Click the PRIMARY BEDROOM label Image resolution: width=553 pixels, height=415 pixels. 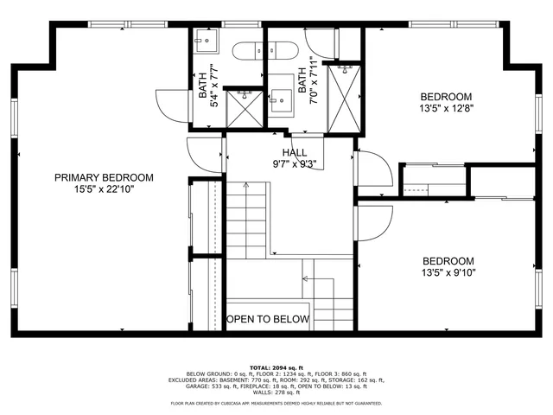point(104,177)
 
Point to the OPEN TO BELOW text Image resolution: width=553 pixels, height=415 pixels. point(267,319)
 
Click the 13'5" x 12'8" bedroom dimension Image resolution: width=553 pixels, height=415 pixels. point(446,109)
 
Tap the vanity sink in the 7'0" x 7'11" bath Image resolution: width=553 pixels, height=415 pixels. point(282,99)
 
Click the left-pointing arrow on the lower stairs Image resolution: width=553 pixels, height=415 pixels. point(308,278)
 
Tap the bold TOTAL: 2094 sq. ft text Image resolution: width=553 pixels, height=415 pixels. point(276,367)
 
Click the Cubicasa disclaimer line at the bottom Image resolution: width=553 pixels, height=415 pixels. point(276,403)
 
